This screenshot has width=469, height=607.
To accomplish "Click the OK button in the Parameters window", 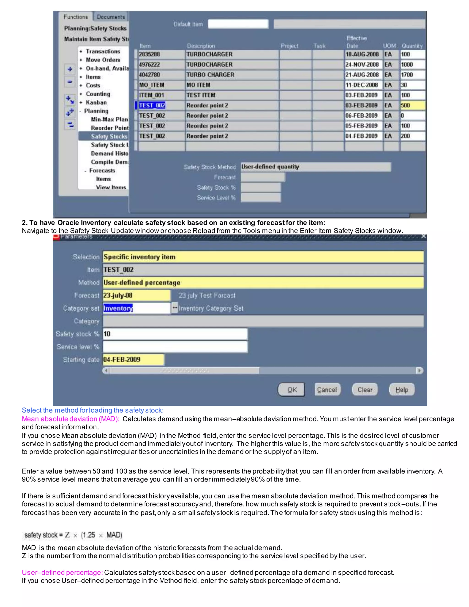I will [x=291, y=390].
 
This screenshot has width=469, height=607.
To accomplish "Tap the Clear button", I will [x=365, y=390].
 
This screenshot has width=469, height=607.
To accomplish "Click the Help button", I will [x=401, y=390].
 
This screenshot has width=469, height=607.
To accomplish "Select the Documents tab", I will [x=111, y=17].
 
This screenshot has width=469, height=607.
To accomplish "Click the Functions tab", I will [x=76, y=17].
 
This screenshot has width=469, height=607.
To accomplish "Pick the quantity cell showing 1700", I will [x=412, y=75].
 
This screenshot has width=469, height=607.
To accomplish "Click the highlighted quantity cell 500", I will [x=412, y=105].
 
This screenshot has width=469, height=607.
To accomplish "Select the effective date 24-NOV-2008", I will [x=362, y=65].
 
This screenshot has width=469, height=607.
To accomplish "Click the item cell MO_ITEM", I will [x=161, y=85].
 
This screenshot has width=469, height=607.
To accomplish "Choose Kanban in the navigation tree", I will [x=96, y=102].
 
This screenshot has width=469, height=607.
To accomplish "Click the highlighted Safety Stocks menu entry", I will [x=109, y=137].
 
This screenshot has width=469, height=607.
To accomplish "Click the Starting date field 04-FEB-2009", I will [x=133, y=360].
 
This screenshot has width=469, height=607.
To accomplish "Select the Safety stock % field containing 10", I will [x=175, y=334].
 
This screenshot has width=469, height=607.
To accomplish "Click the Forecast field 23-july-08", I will [x=136, y=295].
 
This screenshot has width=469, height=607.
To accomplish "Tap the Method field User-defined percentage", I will [x=263, y=283].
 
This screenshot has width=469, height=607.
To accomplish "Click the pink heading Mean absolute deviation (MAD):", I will [x=71, y=419].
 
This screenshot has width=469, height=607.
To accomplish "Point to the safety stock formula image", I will [x=73, y=535].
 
